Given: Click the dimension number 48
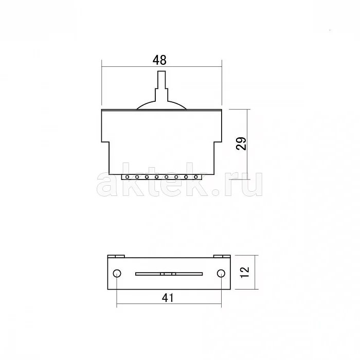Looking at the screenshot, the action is (x=159, y=60).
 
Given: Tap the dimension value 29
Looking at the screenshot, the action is (x=241, y=143).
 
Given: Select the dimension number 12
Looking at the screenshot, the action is (x=244, y=272).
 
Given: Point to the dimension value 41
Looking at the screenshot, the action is (x=168, y=298).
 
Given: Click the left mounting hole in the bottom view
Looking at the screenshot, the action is (x=117, y=273).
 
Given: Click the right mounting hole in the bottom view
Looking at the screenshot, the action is (x=221, y=273).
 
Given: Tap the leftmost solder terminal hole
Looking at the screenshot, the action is (x=127, y=177).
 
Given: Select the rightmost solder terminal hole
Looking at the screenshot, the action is (x=196, y=177).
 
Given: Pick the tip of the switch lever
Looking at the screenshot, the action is (x=161, y=71).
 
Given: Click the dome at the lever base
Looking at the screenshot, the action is (x=161, y=105).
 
